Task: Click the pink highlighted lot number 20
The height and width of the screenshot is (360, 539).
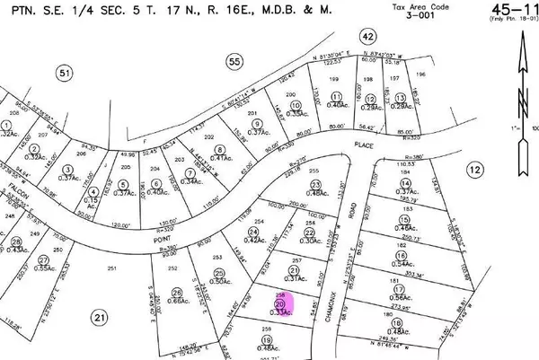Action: click(280, 305)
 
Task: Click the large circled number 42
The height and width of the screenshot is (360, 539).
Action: click(367, 36)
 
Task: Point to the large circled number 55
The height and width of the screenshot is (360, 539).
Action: click(234, 61)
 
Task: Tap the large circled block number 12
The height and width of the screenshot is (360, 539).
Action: click(475, 170)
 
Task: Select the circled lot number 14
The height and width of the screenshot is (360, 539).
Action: click(404, 183)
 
